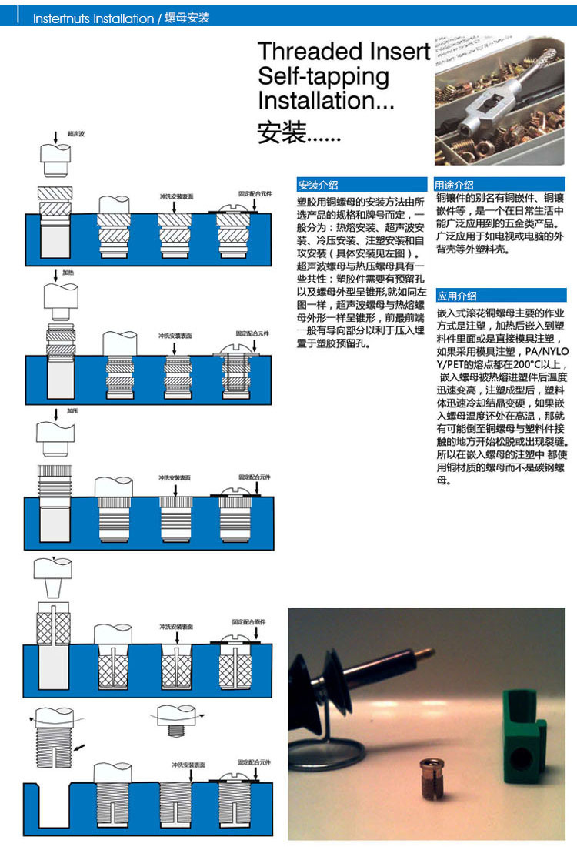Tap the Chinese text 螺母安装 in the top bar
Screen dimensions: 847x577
coord(187,18)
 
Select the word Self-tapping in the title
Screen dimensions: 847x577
coord(323,76)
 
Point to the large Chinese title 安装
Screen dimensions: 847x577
coord(282,132)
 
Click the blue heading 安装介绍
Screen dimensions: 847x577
coord(319,185)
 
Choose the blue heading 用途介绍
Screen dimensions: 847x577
coord(455,185)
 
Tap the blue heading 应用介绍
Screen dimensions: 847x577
coord(457,296)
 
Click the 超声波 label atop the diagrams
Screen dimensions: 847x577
coord(76,134)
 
